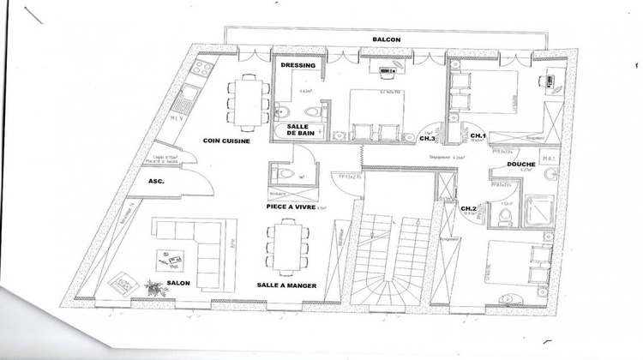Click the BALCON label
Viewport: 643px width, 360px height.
point(388,39)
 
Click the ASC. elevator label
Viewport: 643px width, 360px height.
point(156,182)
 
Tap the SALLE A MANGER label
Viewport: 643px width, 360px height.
point(286,285)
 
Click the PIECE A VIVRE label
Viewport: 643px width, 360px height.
point(286,207)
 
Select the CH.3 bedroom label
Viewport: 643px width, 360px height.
point(427,138)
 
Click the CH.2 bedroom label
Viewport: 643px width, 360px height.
point(469,208)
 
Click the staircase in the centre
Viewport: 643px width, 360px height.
point(389,249)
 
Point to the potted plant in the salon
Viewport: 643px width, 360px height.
point(153,285)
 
